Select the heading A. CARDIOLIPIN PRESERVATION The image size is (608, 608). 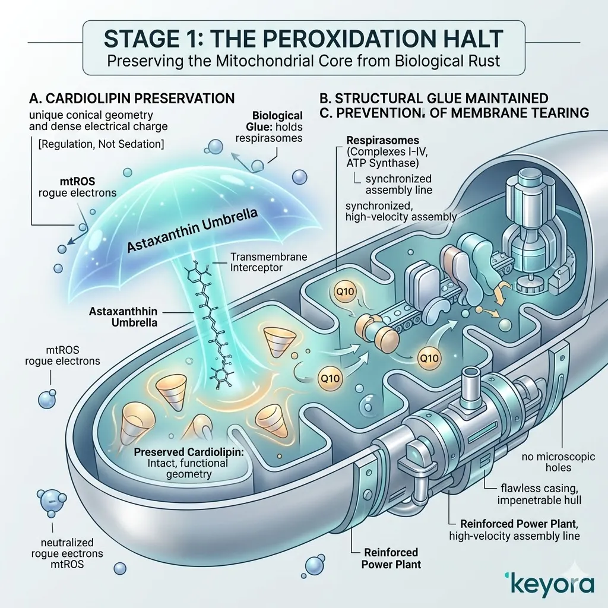tap(132, 98)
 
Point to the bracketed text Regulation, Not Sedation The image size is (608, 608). tap(101, 144)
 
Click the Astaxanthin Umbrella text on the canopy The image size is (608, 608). tap(193, 231)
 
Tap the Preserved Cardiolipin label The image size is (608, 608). tap(189, 452)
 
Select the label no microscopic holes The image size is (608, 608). tap(558, 462)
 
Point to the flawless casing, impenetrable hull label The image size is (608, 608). tap(540, 494)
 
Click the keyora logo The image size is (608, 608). tap(549, 585)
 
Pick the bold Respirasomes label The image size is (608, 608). tap(383, 140)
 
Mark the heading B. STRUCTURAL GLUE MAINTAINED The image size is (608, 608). tap(434, 98)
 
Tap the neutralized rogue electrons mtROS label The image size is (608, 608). tap(67, 553)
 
